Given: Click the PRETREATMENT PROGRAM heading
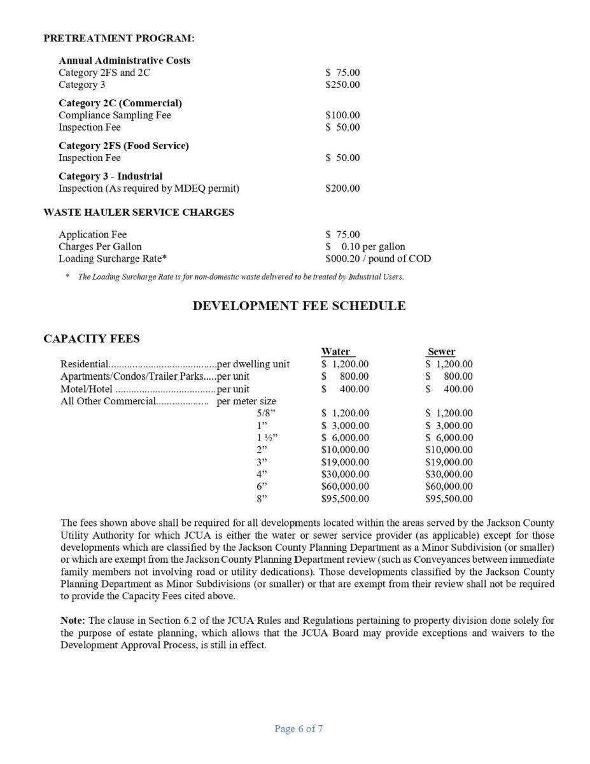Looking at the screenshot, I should (x=118, y=38).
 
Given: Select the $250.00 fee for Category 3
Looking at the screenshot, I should (x=342, y=85).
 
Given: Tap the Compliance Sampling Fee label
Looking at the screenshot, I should (x=115, y=115).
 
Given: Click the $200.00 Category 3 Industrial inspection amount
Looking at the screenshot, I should (x=342, y=188).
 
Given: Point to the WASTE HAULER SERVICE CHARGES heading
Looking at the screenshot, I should (x=139, y=213).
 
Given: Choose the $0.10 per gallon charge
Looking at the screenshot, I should (x=365, y=246).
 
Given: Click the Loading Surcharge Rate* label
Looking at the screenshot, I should (x=113, y=258).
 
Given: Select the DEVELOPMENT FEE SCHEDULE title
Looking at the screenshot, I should (x=299, y=306).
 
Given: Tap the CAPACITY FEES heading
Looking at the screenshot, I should (x=92, y=339).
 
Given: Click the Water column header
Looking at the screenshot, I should (x=335, y=351).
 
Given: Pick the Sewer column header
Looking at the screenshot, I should (x=441, y=351).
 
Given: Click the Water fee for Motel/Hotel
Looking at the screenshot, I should (x=345, y=389).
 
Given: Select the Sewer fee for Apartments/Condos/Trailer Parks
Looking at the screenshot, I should (x=449, y=376).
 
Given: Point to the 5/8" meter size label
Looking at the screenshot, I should (x=262, y=413).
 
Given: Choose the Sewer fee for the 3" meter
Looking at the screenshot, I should (x=449, y=462).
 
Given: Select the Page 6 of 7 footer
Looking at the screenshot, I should (x=299, y=729).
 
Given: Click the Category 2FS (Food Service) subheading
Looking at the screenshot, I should (x=123, y=146).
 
